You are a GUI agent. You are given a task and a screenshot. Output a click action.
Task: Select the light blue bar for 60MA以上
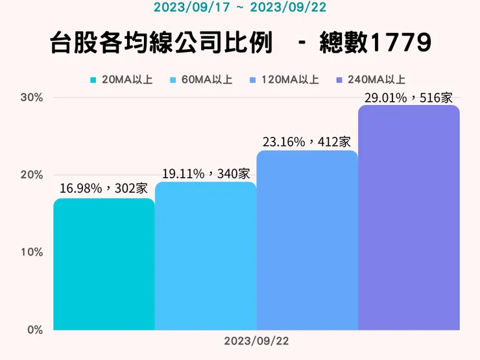[206, 256]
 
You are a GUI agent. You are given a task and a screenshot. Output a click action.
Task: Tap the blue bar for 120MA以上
[307, 240]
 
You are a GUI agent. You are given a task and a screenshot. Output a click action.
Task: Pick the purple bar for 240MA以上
[409, 217]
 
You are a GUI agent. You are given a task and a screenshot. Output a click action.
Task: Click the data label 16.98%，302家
[104, 189]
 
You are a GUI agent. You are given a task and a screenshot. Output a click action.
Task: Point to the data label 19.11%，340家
[206, 173]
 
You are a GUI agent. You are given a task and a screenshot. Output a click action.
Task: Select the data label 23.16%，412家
[307, 141]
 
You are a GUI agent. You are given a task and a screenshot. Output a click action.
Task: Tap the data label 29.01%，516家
[409, 97]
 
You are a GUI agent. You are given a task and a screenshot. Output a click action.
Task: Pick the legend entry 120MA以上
[290, 80]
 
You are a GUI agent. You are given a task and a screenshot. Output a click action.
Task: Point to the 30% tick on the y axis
[32, 97]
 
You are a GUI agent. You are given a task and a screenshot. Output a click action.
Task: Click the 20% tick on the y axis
[32, 174]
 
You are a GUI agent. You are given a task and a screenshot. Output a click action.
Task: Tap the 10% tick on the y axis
[32, 252]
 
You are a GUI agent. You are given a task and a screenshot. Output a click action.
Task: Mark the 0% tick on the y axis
[34, 330]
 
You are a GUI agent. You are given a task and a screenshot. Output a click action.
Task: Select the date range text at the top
[239, 8]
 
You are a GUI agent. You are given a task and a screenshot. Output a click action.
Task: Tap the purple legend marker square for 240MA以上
[339, 80]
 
